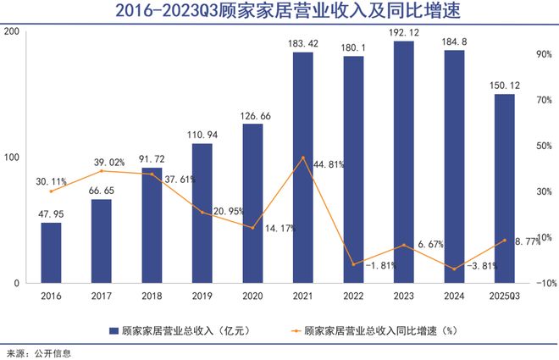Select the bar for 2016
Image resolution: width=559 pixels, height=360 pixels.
51,252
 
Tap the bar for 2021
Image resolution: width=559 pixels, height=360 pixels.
302,167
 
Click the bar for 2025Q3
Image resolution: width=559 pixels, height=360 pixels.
504,188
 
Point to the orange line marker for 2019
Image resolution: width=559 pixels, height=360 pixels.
202,212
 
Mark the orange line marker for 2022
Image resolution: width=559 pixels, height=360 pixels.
353,264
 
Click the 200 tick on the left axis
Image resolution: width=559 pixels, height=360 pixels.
12,31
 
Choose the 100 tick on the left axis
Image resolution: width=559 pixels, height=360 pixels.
12,158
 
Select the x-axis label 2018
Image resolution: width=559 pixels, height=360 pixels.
151,295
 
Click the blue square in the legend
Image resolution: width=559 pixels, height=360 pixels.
113,329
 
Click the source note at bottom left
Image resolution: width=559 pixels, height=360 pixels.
38,352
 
